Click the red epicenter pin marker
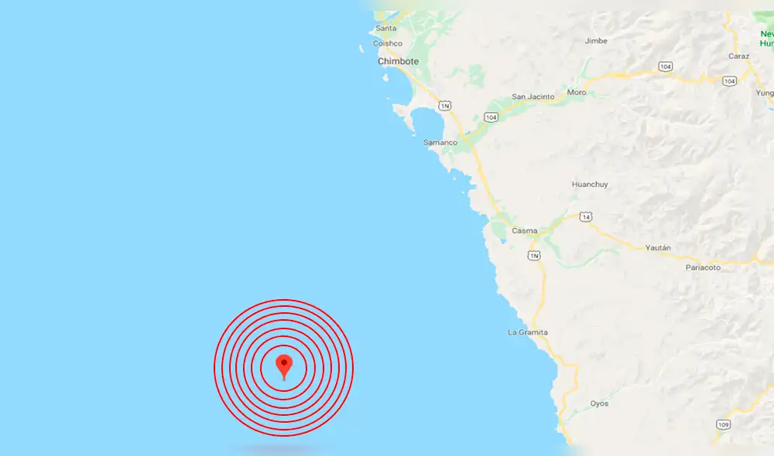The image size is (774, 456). pyautogui.click(x=284, y=365)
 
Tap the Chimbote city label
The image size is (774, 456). pyautogui.click(x=398, y=61)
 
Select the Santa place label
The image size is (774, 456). pyautogui.click(x=385, y=29)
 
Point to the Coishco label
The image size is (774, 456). pyautogui.click(x=388, y=43)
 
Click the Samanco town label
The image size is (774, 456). pyautogui.click(x=440, y=142)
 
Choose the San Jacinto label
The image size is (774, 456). pyautogui.click(x=533, y=97)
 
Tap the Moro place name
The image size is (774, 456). pyautogui.click(x=577, y=93)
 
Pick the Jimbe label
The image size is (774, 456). pyautogui.click(x=596, y=40)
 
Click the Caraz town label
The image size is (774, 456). pyautogui.click(x=738, y=56)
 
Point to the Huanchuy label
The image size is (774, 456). pyautogui.click(x=590, y=184)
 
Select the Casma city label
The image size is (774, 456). pyautogui.click(x=524, y=230)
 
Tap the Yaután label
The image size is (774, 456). pyautogui.click(x=657, y=247)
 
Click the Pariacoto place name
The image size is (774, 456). pyautogui.click(x=703, y=267)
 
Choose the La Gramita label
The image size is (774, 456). pyautogui.click(x=527, y=332)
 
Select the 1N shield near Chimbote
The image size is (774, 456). pyautogui.click(x=444, y=104)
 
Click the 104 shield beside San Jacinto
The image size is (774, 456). pyautogui.click(x=491, y=117)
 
